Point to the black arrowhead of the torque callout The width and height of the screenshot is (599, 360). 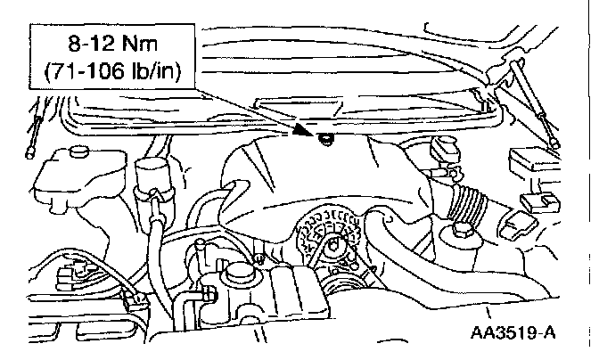313,135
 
